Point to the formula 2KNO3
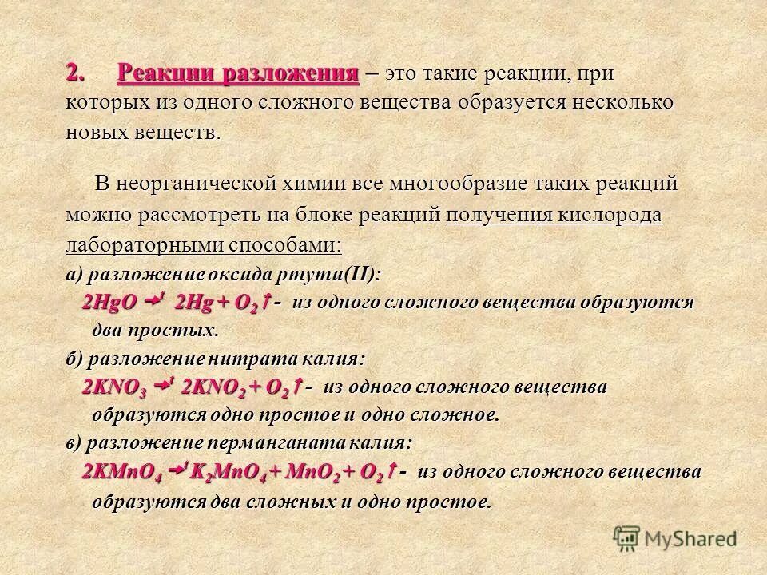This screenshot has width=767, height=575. pos(115,388)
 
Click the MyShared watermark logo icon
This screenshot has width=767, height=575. pos(628,539)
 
